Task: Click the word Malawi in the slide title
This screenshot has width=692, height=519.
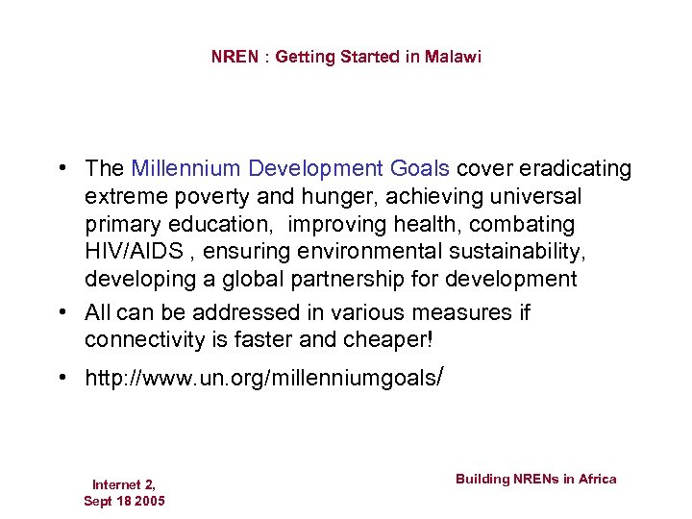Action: coord(454,57)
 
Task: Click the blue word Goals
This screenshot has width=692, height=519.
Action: coord(419,169)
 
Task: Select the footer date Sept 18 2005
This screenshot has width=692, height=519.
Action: coord(124,501)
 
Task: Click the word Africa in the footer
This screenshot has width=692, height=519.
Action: coord(596,479)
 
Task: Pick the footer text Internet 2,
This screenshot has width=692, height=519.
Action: coord(124,484)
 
